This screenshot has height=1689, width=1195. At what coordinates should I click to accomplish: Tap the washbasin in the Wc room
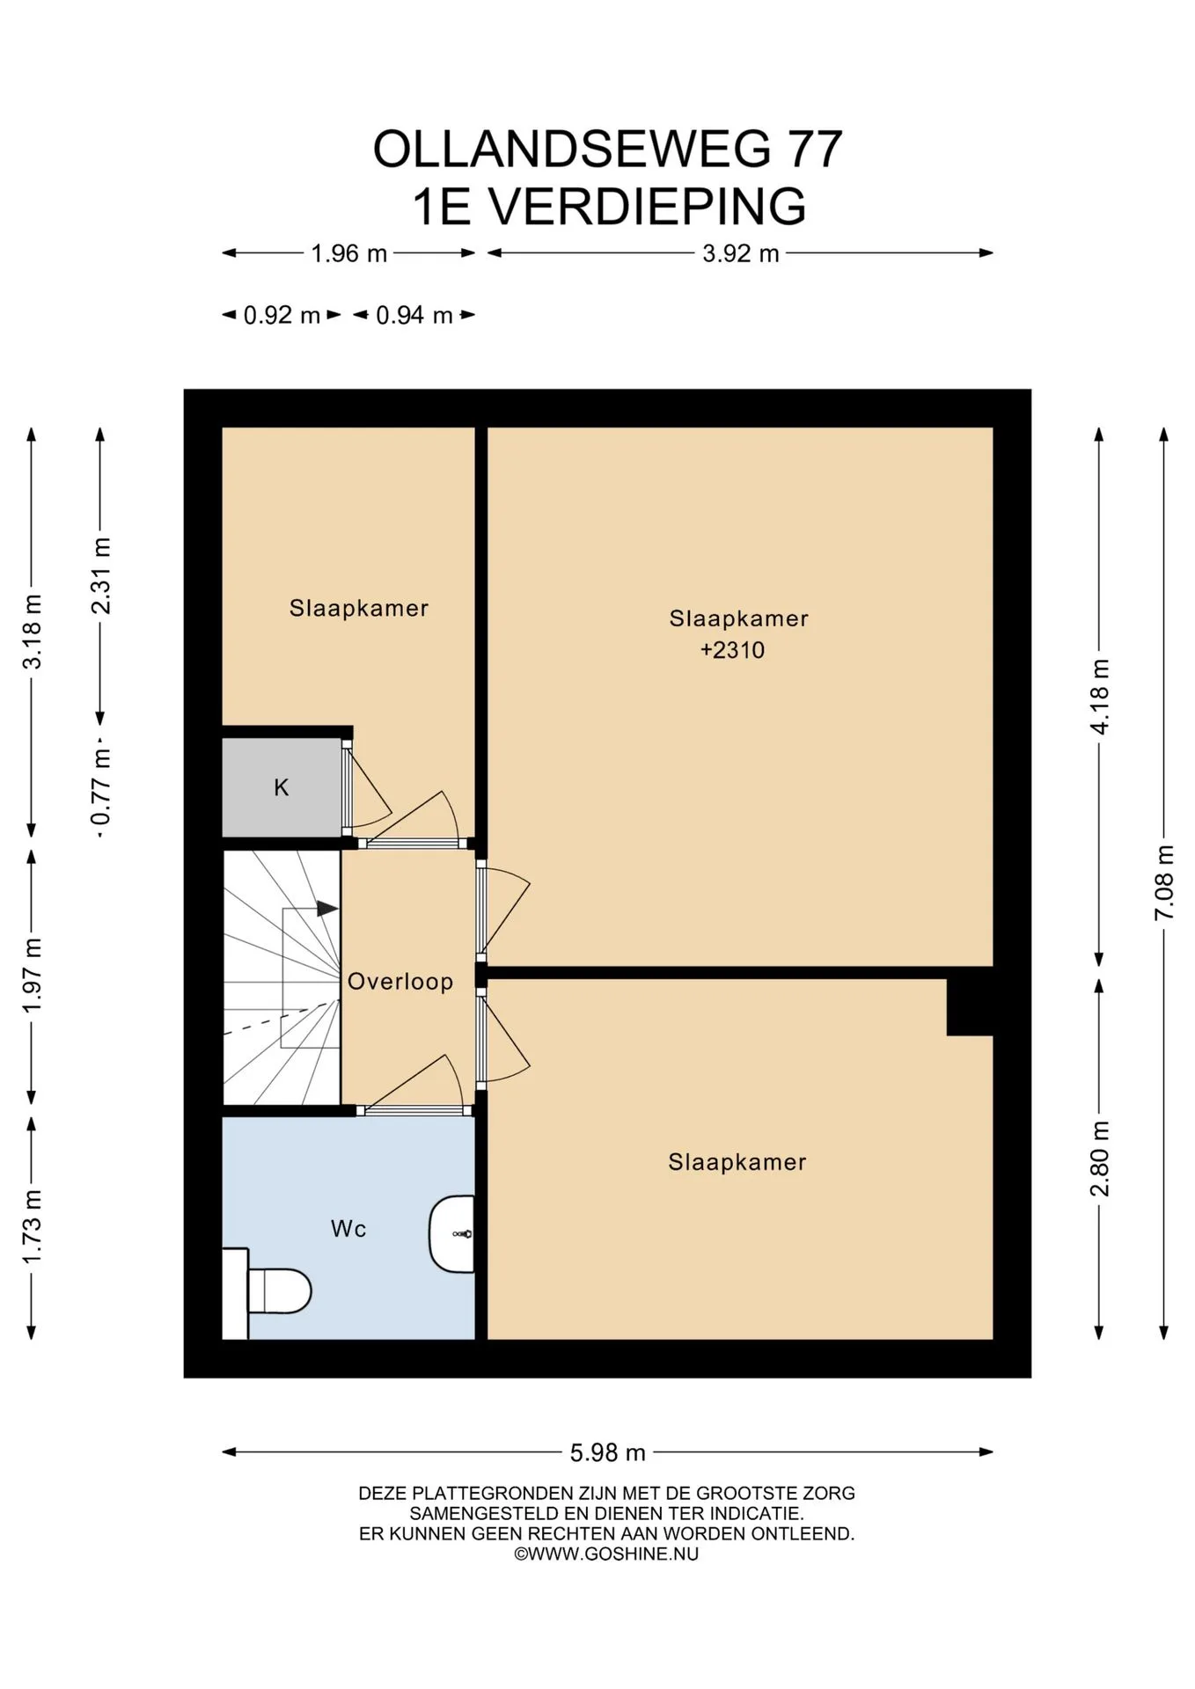[452, 1233]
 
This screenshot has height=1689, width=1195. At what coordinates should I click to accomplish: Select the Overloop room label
[400, 982]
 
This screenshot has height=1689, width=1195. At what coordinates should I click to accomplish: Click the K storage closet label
[282, 787]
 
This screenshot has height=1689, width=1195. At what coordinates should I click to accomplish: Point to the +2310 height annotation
[732, 650]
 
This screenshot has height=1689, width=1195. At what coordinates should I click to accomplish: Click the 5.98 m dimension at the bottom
[608, 1452]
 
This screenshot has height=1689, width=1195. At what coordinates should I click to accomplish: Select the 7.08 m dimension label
[1164, 882]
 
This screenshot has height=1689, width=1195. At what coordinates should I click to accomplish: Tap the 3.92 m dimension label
[741, 253]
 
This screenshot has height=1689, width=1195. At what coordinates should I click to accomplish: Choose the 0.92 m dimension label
[282, 315]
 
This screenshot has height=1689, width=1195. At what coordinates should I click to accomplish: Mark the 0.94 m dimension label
[414, 315]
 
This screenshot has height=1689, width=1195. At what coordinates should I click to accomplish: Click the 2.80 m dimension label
[1100, 1159]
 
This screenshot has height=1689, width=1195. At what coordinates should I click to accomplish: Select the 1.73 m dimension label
[33, 1226]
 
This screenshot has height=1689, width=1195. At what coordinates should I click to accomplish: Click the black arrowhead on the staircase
[327, 909]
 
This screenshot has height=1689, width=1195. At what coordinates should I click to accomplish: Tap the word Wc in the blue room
[348, 1229]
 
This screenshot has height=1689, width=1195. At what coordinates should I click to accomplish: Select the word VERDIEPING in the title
[646, 206]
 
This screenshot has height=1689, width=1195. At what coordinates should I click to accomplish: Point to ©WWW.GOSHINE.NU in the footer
[606, 1554]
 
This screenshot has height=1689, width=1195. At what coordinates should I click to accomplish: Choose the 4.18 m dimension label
[1100, 696]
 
